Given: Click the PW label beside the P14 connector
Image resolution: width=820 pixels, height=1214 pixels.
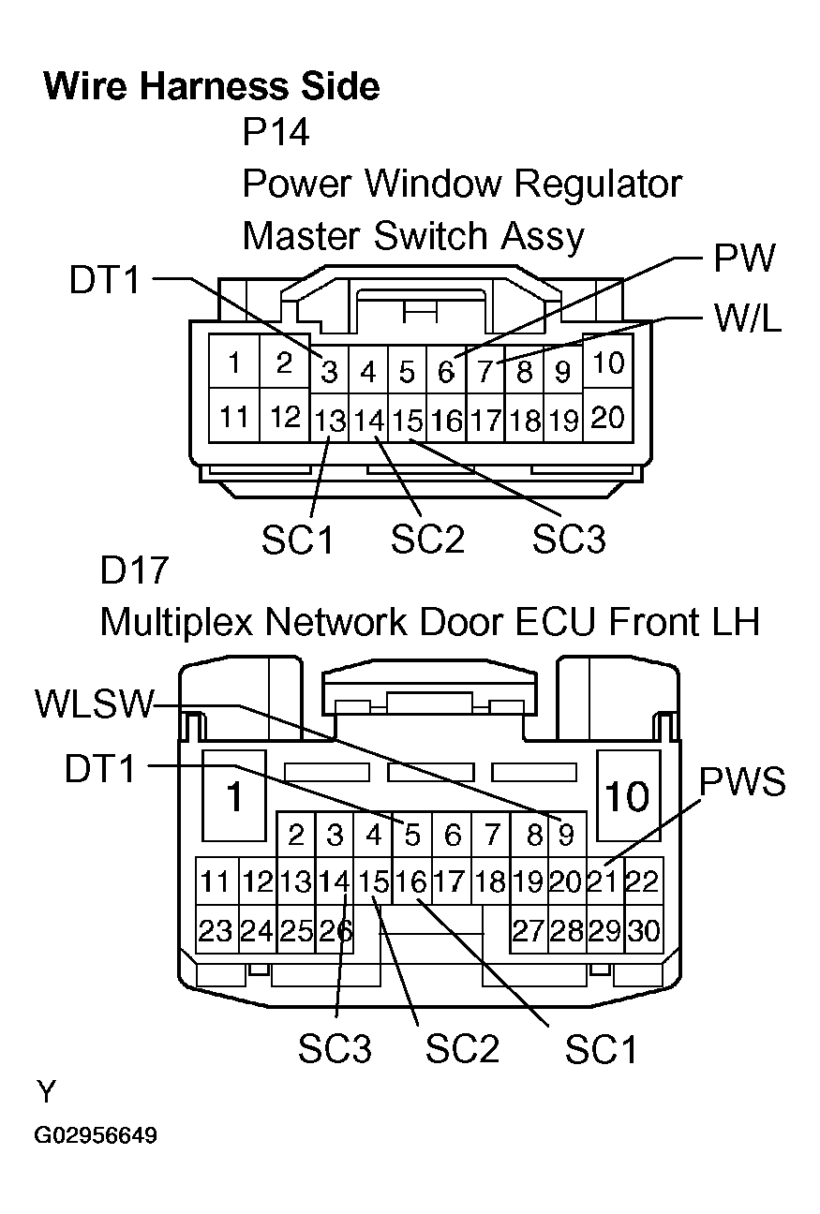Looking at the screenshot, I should coord(744,259).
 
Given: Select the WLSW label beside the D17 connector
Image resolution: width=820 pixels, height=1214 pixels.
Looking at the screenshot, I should coord(93,703).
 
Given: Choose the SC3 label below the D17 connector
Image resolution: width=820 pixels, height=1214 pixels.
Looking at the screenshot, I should coord(335,1048).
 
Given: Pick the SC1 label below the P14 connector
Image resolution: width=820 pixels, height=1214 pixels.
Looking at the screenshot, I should coord(298,540).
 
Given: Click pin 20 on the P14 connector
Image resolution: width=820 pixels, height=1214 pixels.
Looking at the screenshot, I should coord(607,417).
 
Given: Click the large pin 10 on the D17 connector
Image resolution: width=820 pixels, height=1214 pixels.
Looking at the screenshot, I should coord(626,796).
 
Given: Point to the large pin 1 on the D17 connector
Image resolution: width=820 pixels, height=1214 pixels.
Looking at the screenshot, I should coord(234,796).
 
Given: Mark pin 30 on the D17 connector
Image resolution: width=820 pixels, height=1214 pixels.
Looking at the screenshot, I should coord(645,931).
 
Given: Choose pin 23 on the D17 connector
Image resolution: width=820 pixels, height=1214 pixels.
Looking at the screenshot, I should coord(215,931).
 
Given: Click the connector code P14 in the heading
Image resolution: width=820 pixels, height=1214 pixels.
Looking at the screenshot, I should coord(276,132).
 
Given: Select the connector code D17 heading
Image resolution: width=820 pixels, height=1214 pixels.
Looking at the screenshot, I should coord(134,570).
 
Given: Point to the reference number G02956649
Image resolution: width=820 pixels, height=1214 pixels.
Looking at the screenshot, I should coord(96,1136).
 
